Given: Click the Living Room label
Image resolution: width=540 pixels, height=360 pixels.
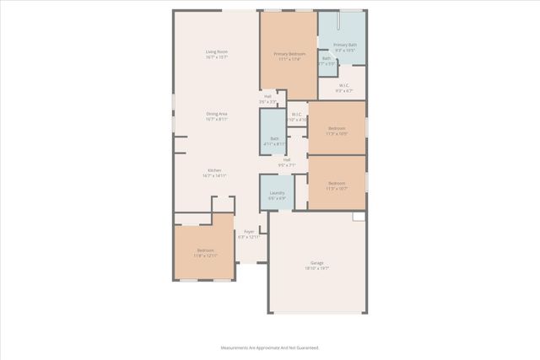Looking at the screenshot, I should click(x=217, y=52).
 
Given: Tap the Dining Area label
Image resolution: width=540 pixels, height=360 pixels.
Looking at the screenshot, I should click(x=217, y=114).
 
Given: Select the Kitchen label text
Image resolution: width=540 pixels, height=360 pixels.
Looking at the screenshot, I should click(x=215, y=169).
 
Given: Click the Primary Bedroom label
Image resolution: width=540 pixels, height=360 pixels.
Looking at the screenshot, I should click(x=288, y=53).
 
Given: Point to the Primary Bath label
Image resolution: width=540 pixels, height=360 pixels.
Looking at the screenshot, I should click(x=344, y=45).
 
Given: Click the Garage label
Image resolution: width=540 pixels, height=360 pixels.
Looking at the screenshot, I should click(x=317, y=263).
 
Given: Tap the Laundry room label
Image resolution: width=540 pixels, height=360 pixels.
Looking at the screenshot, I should click(x=277, y=193).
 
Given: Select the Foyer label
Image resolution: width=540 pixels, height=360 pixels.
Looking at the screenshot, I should click(x=249, y=231).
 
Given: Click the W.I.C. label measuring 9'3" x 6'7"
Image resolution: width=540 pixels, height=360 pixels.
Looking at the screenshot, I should click(x=344, y=85).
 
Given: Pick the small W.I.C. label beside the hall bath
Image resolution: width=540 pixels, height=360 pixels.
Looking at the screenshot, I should click(x=296, y=115).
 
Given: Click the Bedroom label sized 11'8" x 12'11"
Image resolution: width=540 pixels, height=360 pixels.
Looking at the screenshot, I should click(x=205, y=250).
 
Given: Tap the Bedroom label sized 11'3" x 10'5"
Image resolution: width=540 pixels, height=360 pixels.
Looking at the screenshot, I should click(x=337, y=128).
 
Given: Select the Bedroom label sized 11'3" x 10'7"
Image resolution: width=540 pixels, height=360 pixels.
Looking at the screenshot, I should click(x=337, y=183).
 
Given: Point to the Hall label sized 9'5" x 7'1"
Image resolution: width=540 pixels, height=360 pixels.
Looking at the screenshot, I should click(x=287, y=160).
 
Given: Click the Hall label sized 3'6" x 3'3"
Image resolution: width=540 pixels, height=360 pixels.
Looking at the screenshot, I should click(x=267, y=96).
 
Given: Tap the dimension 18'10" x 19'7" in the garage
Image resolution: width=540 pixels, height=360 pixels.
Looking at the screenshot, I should click(x=317, y=268).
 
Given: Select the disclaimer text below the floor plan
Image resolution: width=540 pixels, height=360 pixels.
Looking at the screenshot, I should click(x=270, y=347).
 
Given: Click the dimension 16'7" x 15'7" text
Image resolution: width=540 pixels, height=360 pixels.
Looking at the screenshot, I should click(x=217, y=57).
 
